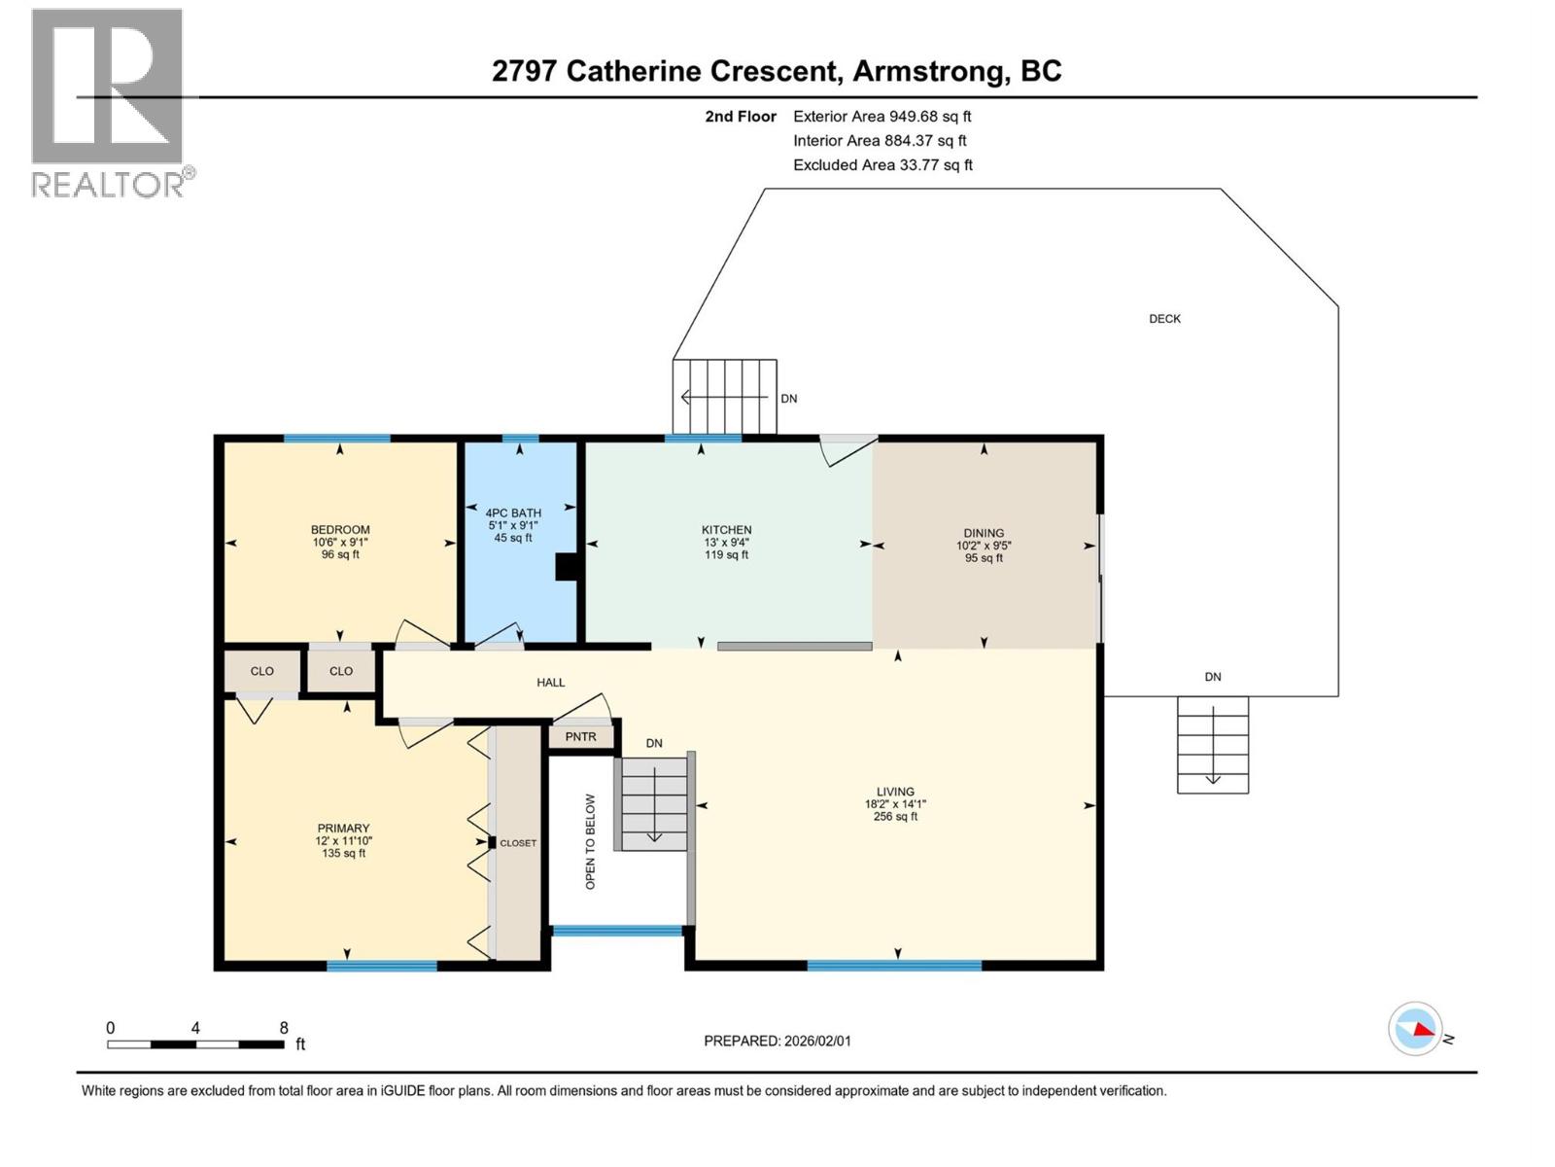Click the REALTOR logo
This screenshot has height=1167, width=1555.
(x=108, y=102)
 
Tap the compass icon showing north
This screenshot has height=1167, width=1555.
(x=1416, y=1028)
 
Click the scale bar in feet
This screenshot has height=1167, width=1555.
(x=195, y=1043)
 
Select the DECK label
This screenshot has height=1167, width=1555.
(x=1164, y=319)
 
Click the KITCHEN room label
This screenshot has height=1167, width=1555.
(x=726, y=530)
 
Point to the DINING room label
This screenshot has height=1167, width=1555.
(x=984, y=533)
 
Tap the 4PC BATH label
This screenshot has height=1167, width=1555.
(x=513, y=513)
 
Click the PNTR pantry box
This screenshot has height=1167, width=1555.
(x=581, y=737)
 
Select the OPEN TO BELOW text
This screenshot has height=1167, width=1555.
(x=590, y=842)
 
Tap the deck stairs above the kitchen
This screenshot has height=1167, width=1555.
(x=725, y=397)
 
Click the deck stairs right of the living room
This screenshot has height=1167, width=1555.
(x=1212, y=745)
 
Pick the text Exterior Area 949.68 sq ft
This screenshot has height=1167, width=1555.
(x=881, y=117)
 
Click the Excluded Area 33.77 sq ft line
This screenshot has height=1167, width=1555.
(x=881, y=165)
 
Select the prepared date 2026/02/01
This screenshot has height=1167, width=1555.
(x=777, y=1041)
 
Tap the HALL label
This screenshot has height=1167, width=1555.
(x=551, y=683)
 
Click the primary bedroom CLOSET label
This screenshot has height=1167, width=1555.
(x=518, y=843)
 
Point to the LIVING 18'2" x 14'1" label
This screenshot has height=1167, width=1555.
(x=895, y=804)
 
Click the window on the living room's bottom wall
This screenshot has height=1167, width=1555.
(x=894, y=966)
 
